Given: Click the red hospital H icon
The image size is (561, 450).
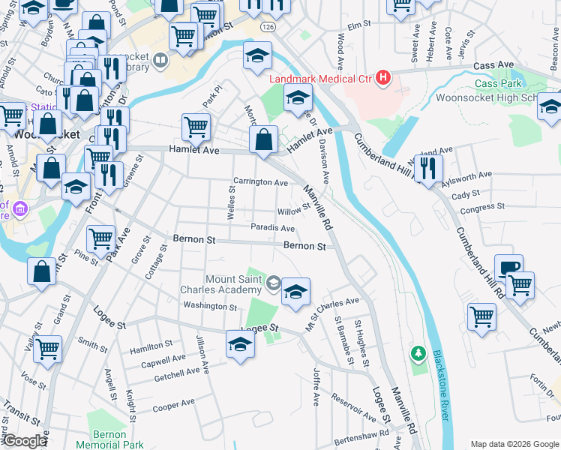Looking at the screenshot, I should (383, 77).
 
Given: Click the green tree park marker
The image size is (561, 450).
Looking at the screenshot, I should (418, 352).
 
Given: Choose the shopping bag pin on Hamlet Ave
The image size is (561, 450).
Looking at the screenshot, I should (264, 139).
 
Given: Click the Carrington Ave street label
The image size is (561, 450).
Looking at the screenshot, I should (260, 182).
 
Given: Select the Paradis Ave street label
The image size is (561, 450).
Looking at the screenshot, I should (272, 229).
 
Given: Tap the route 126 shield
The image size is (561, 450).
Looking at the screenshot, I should (268, 25).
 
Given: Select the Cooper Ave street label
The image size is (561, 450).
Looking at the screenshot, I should (174, 409).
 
